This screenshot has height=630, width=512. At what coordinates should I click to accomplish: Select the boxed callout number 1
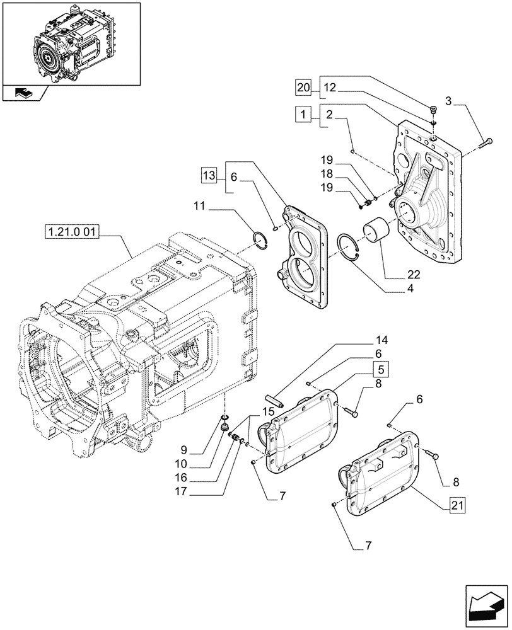(304, 115)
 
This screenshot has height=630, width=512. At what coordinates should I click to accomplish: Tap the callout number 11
(201, 205)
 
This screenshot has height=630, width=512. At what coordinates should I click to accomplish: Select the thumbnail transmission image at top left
(71, 43)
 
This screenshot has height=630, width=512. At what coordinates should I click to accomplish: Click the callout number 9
(183, 450)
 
